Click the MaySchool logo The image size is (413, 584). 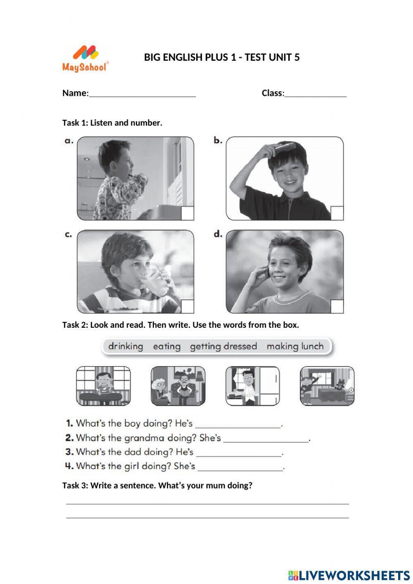85,59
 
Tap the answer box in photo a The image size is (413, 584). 188,213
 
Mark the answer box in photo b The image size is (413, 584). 337,213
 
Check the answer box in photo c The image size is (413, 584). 188,306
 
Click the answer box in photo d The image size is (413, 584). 337,306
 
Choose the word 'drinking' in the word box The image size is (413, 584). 126,346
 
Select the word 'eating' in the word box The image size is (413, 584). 167,346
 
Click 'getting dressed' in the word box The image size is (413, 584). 223,346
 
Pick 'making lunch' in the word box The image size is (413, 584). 295,346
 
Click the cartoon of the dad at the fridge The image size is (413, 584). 252,386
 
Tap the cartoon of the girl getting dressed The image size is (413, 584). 327,386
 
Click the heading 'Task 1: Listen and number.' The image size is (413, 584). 112,123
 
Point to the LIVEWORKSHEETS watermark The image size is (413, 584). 349,575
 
